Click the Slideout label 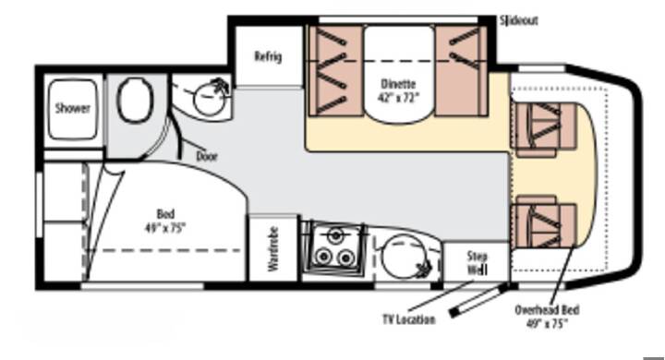tap(519, 20)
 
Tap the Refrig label tap(268, 56)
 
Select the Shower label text tap(73, 108)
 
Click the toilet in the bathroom tap(135, 100)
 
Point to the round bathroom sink tap(209, 99)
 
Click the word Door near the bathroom tap(207, 156)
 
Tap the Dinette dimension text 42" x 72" tap(398, 97)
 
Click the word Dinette tap(398, 83)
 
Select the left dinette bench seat tap(335, 70)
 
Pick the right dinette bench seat tap(461, 70)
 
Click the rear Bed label tap(165, 214)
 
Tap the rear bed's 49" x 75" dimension tap(165, 228)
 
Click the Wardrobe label tap(273, 249)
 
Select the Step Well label tap(478, 262)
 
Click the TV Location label tap(409, 319)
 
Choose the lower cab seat tap(545, 222)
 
